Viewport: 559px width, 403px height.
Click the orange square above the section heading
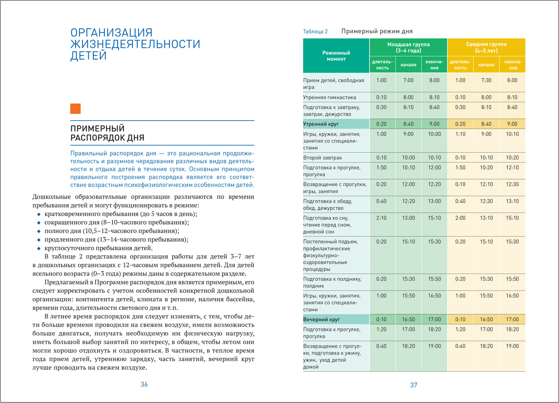coord(76,109)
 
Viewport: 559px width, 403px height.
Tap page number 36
coord(144,385)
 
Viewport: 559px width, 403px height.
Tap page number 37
coord(413,385)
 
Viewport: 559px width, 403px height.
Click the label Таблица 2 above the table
coord(315,31)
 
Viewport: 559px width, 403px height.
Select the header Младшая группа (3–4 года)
coord(408,48)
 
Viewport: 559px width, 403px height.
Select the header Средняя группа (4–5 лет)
coord(486,48)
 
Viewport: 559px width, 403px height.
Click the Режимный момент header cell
coord(336,56)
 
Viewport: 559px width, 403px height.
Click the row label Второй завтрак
coord(322,158)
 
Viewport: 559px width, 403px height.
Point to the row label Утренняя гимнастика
coord(329,97)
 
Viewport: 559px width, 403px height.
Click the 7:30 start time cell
coord(486,81)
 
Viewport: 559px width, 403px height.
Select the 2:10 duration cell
coord(381,218)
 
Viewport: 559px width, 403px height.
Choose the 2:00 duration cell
coord(460,218)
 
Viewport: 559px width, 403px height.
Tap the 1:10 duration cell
coord(460,134)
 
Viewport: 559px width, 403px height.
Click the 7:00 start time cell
coord(408,81)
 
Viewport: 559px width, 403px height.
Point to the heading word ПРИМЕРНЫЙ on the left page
coord(97,128)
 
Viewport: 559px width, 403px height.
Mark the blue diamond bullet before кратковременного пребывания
coord(39,214)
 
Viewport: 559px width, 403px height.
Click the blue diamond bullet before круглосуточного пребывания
coord(39,249)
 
